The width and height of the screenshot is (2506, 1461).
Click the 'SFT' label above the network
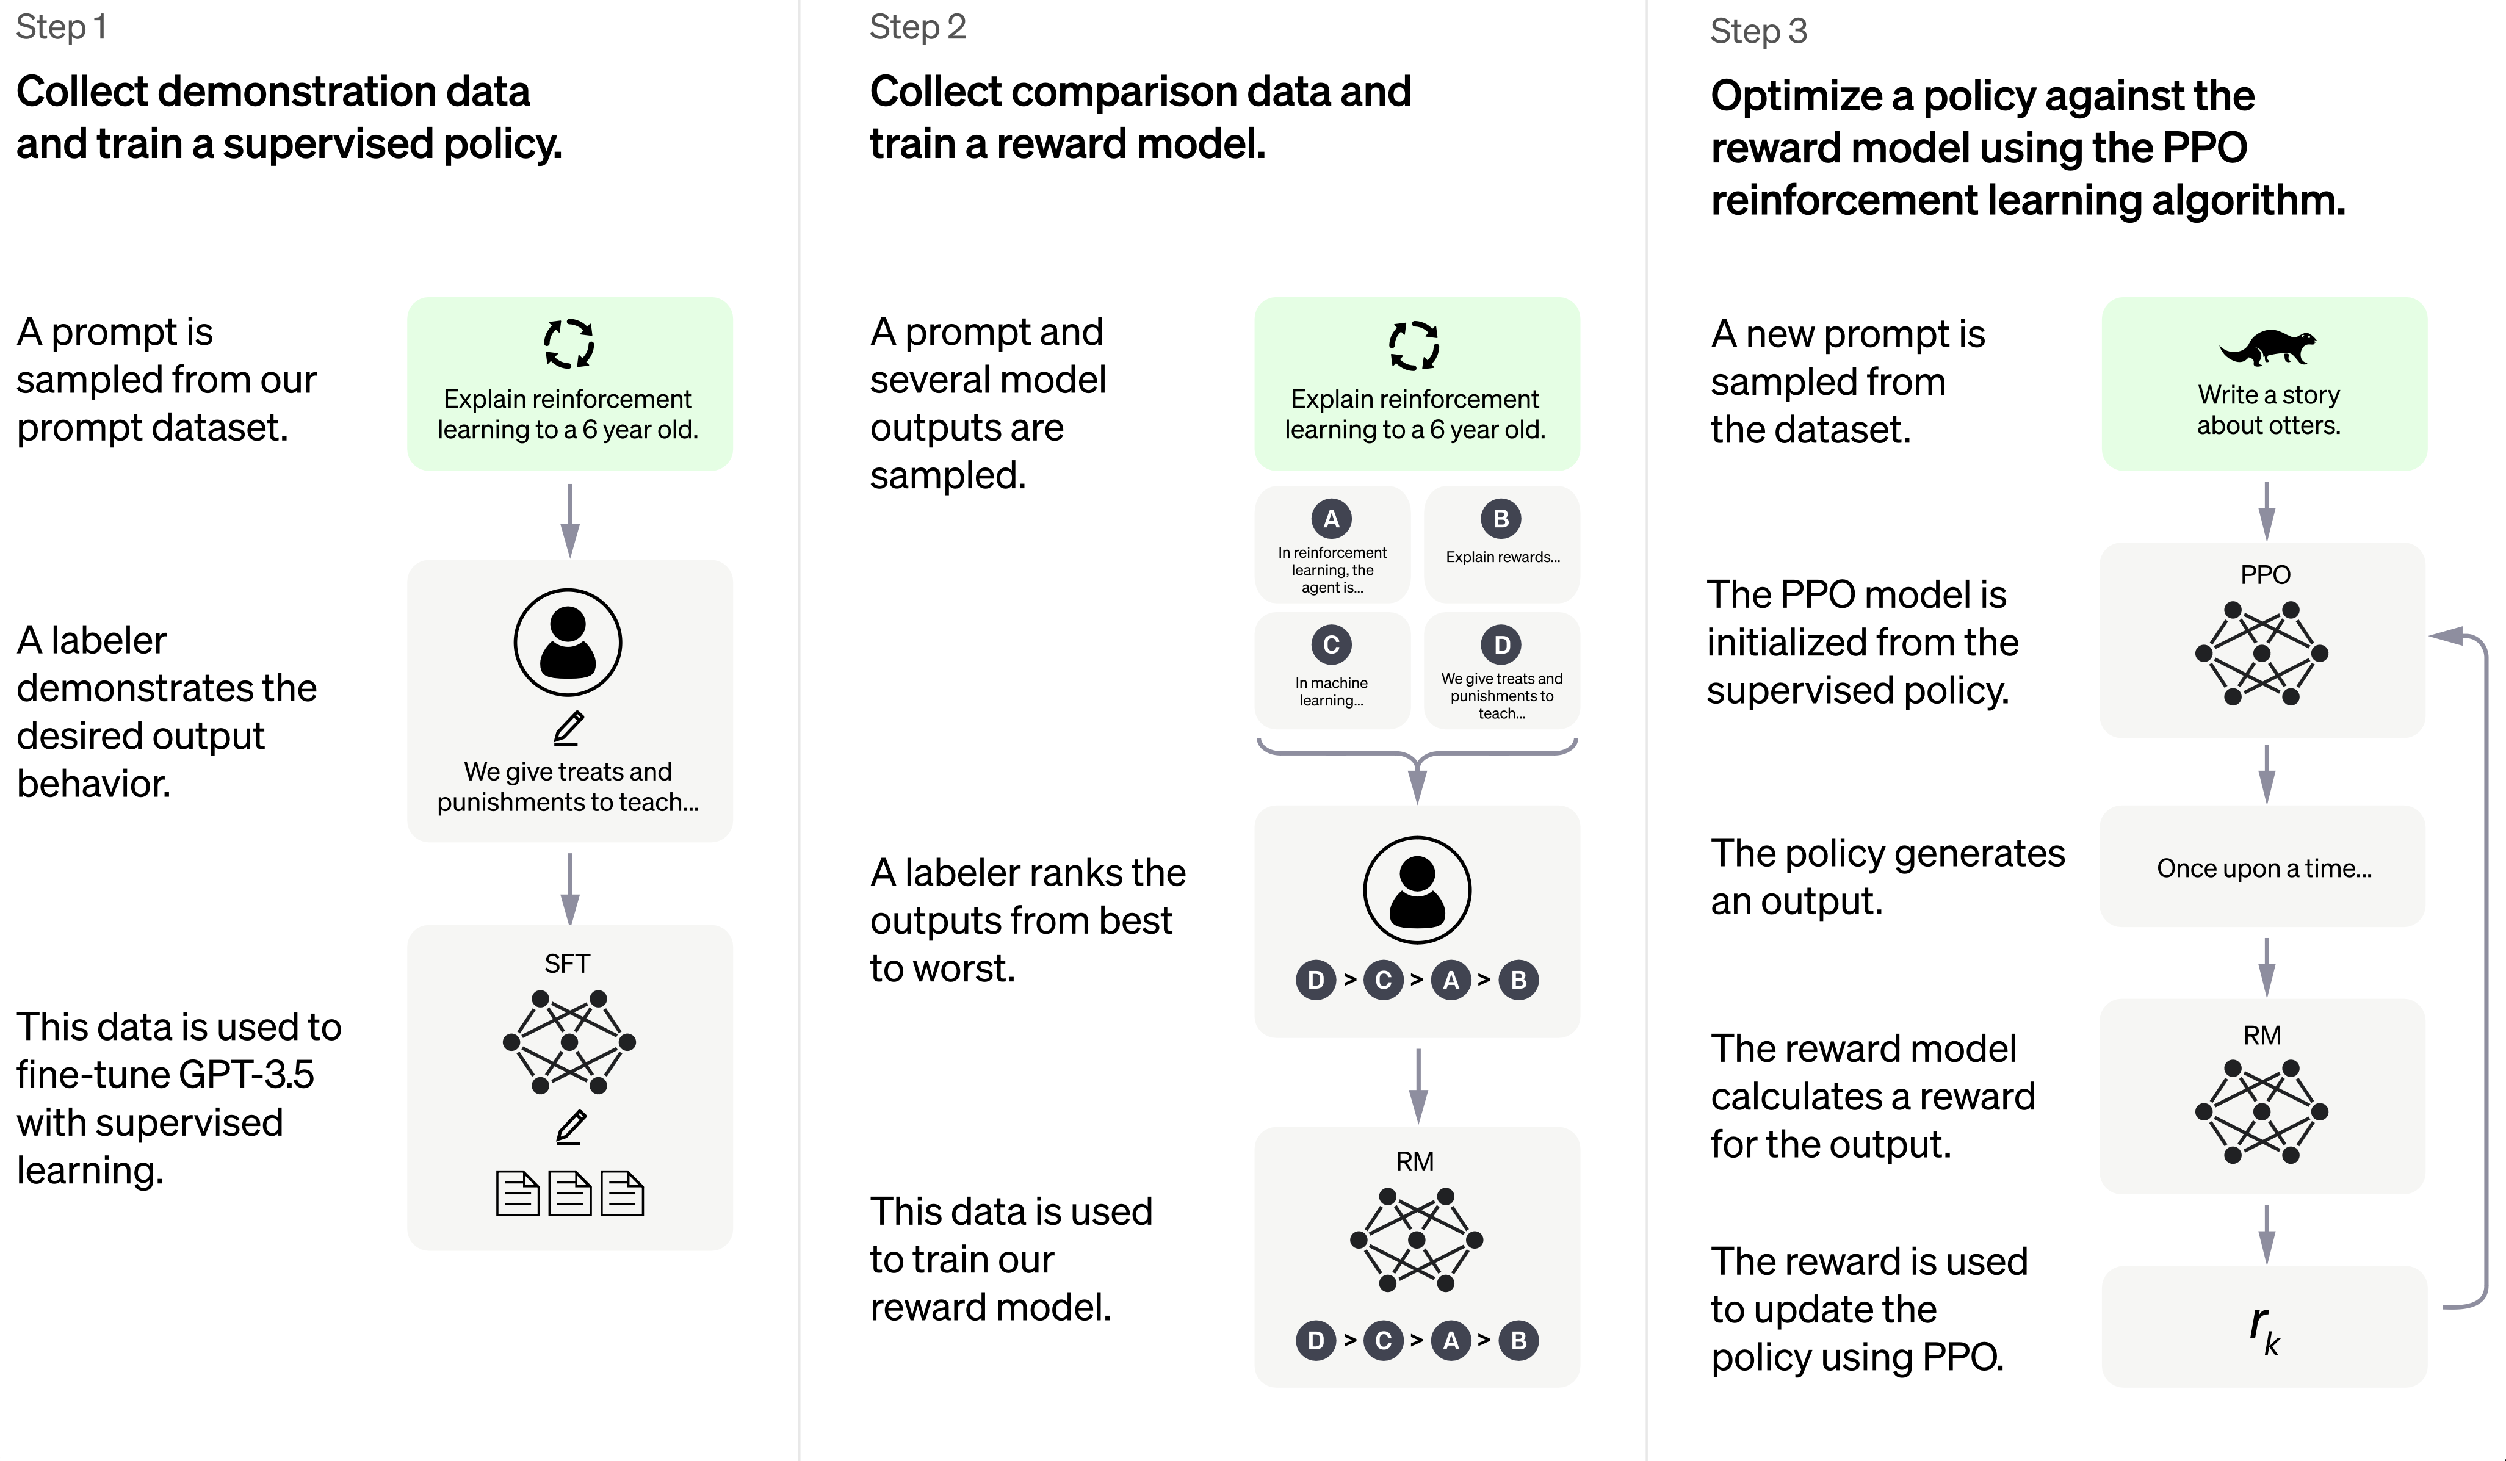567,963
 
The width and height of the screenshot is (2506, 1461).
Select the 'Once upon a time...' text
2263,868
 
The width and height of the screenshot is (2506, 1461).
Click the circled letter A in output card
1332,518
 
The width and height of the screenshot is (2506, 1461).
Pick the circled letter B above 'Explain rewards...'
1501,518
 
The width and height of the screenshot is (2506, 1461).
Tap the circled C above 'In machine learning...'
1332,644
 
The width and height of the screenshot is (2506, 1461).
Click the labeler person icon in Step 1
568,643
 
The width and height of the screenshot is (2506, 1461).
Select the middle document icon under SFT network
570,1194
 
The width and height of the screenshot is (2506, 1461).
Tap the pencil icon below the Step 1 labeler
569,728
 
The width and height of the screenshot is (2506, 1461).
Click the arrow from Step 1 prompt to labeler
570,520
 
